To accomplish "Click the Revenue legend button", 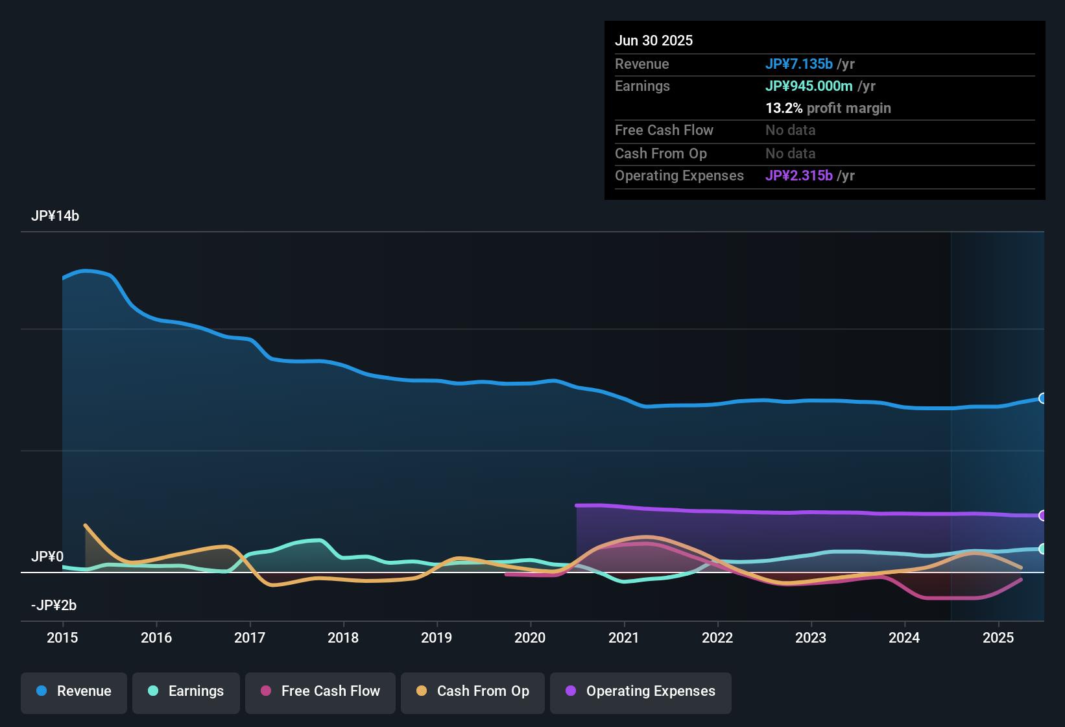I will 74,691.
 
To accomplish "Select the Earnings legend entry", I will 186,691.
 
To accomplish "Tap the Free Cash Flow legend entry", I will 320,691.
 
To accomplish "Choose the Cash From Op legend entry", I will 473,691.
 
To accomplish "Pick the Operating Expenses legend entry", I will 641,691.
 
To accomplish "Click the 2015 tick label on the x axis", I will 62,637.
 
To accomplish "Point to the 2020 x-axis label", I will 530,637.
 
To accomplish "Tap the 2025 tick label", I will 998,637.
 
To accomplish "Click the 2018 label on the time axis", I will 343,637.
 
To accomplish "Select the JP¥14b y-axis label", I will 55,216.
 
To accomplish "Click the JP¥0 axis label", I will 47,557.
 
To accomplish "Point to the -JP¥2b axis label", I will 54,606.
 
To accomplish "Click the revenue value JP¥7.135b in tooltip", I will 799,64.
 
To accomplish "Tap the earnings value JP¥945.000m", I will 809,86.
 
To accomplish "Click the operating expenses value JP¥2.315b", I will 799,176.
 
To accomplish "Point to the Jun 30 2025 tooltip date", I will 654,41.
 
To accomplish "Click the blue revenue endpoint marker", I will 1042,399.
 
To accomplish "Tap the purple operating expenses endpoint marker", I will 1042,515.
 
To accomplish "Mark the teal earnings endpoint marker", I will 1042,549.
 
